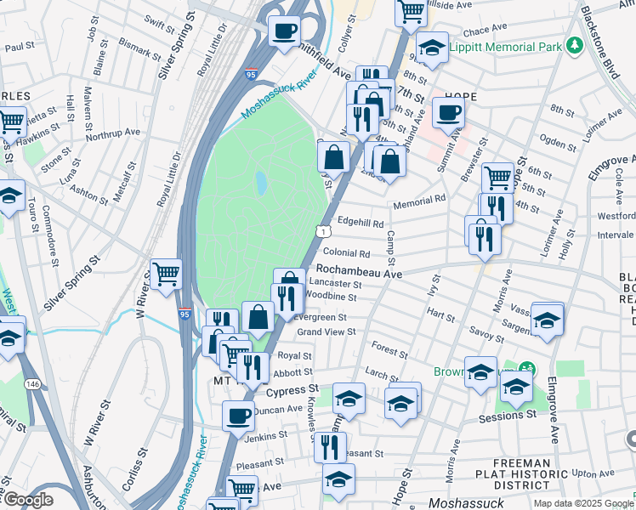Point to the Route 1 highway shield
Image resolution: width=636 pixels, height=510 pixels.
click(x=324, y=231)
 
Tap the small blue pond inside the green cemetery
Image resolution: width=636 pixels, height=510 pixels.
click(x=260, y=183)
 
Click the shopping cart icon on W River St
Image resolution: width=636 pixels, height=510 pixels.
click(x=166, y=274)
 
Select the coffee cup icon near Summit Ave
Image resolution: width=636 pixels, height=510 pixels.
click(x=448, y=111)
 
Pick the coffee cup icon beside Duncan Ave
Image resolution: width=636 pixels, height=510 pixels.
click(x=238, y=416)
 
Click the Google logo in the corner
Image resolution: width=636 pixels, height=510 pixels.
click(x=27, y=501)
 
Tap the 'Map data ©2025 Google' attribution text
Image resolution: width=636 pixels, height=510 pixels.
click(x=582, y=503)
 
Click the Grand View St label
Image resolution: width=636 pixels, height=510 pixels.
click(x=326, y=331)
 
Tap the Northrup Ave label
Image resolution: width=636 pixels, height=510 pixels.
click(x=113, y=133)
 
